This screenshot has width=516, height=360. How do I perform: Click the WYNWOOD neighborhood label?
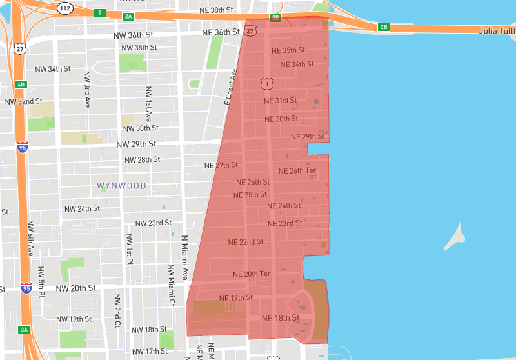(x=122, y=186)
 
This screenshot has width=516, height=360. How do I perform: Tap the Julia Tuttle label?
(x=497, y=30)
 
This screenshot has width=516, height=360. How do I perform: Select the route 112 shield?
(x=64, y=8)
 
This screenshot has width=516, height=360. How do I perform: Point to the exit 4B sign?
(x=21, y=85)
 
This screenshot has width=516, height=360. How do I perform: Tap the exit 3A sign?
(x=24, y=330)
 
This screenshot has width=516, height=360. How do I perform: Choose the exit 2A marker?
(x=128, y=15)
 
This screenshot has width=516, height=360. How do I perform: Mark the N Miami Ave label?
(x=184, y=257)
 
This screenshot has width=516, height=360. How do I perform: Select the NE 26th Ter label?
(x=297, y=171)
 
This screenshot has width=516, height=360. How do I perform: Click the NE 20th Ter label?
(x=252, y=274)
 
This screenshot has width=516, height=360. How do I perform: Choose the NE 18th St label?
(x=281, y=318)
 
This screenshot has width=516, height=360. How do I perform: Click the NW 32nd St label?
(x=23, y=101)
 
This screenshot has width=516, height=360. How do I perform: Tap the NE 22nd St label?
(x=246, y=242)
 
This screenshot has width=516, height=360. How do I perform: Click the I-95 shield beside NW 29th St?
(x=23, y=146)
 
